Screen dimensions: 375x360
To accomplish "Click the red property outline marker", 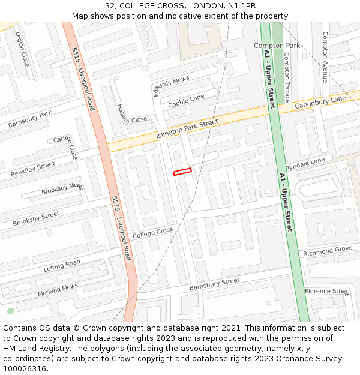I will [x=182, y=172].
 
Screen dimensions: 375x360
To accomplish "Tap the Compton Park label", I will [x=277, y=46].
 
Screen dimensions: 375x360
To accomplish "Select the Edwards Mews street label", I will [x=171, y=86].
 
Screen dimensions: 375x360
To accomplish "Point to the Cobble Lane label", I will [x=186, y=101].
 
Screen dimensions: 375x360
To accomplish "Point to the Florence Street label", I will [x=326, y=292].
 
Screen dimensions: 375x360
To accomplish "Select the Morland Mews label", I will [x=58, y=290].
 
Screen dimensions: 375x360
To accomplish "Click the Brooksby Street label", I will [x=36, y=218].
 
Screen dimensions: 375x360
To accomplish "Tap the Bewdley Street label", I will [x=32, y=169].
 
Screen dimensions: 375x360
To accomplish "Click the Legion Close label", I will [x=22, y=49].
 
